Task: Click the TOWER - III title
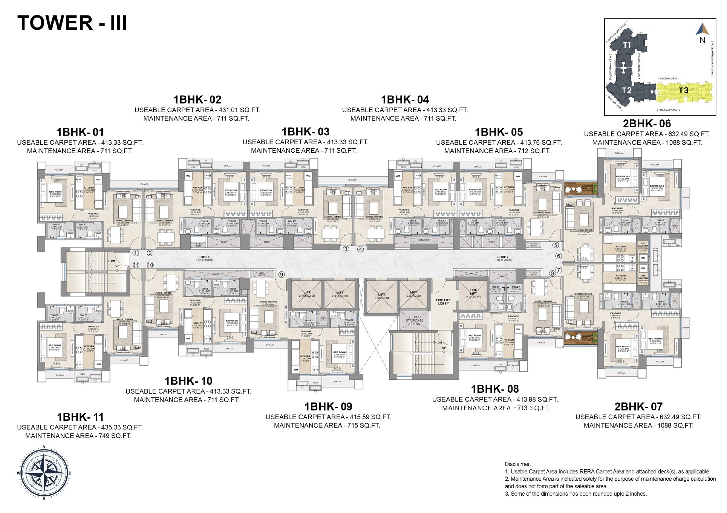click(x=72, y=23)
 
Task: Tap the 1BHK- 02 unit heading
click(x=197, y=100)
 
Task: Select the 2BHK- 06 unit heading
click(x=647, y=124)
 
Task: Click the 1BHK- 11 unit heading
click(x=80, y=417)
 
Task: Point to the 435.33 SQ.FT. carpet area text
click(x=122, y=427)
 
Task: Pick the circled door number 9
click(x=282, y=275)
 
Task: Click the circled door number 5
click(x=555, y=245)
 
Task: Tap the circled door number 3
click(x=346, y=249)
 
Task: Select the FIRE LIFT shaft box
click(x=473, y=295)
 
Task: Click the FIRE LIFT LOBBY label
click(x=443, y=302)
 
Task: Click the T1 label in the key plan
click(x=627, y=45)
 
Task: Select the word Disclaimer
click(x=518, y=464)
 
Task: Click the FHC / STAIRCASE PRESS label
click(x=414, y=321)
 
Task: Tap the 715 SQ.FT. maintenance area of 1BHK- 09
click(x=363, y=426)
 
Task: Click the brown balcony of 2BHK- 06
click(x=580, y=189)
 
